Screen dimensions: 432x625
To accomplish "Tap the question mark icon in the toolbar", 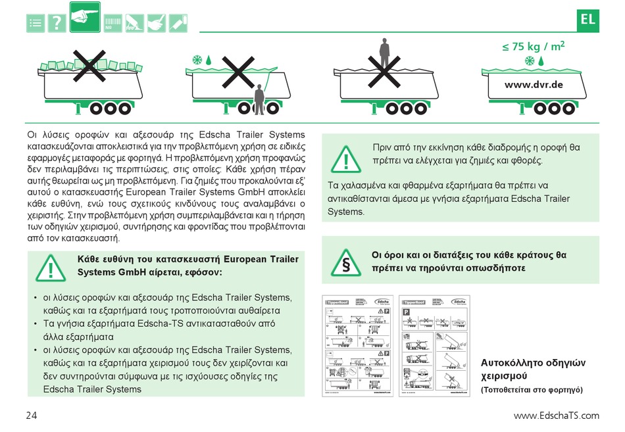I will pos(57,23).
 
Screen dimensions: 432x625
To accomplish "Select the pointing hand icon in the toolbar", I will pos(84,18).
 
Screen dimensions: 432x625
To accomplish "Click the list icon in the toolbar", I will pos(36,23).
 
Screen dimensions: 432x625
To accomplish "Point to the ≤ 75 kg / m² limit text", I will pos(534,47).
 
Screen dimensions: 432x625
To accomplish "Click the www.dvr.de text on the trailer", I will pos(534,85).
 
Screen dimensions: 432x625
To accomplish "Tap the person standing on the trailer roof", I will pos(384,50).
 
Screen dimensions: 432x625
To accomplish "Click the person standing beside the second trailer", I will pos(259,99).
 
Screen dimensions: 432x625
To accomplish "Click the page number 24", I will pos(32,415).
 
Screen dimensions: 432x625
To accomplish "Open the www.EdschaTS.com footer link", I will pos(556,415).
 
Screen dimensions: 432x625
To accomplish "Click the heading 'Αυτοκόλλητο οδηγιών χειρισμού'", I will pos(533,369).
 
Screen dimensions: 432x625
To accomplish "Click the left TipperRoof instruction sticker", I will pos(357,346).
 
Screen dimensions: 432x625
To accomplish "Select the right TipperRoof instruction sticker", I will pos(436,346).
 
